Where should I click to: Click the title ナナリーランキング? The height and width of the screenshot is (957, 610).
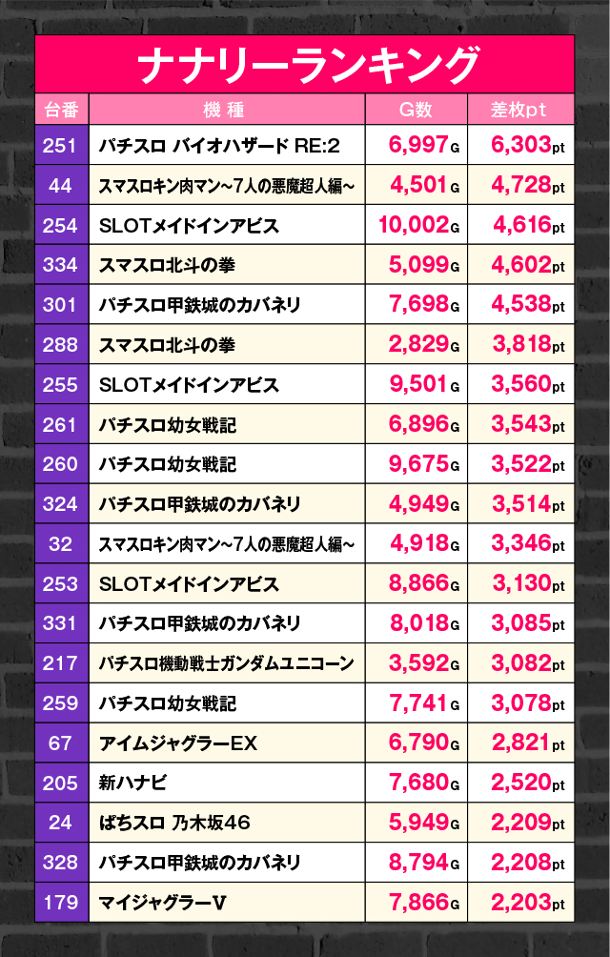[305, 65]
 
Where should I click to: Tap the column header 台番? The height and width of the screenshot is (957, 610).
[61, 110]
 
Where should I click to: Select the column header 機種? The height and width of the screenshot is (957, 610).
[224, 110]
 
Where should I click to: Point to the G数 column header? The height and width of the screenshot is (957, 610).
[416, 110]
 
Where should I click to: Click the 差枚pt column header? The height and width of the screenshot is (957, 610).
[519, 110]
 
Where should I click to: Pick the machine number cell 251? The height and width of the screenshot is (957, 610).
[61, 146]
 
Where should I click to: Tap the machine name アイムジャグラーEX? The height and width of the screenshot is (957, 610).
[178, 743]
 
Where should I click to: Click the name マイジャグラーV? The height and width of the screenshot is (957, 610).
[162, 902]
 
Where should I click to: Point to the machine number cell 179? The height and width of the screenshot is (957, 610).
[61, 902]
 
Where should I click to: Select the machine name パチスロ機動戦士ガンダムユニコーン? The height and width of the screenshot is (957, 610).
[226, 663]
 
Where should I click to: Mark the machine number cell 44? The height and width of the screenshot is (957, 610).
[61, 186]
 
